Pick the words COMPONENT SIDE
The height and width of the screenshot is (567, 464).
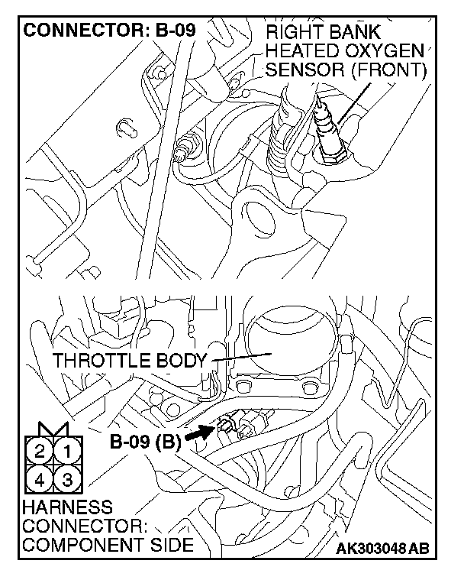(x=108, y=545)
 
